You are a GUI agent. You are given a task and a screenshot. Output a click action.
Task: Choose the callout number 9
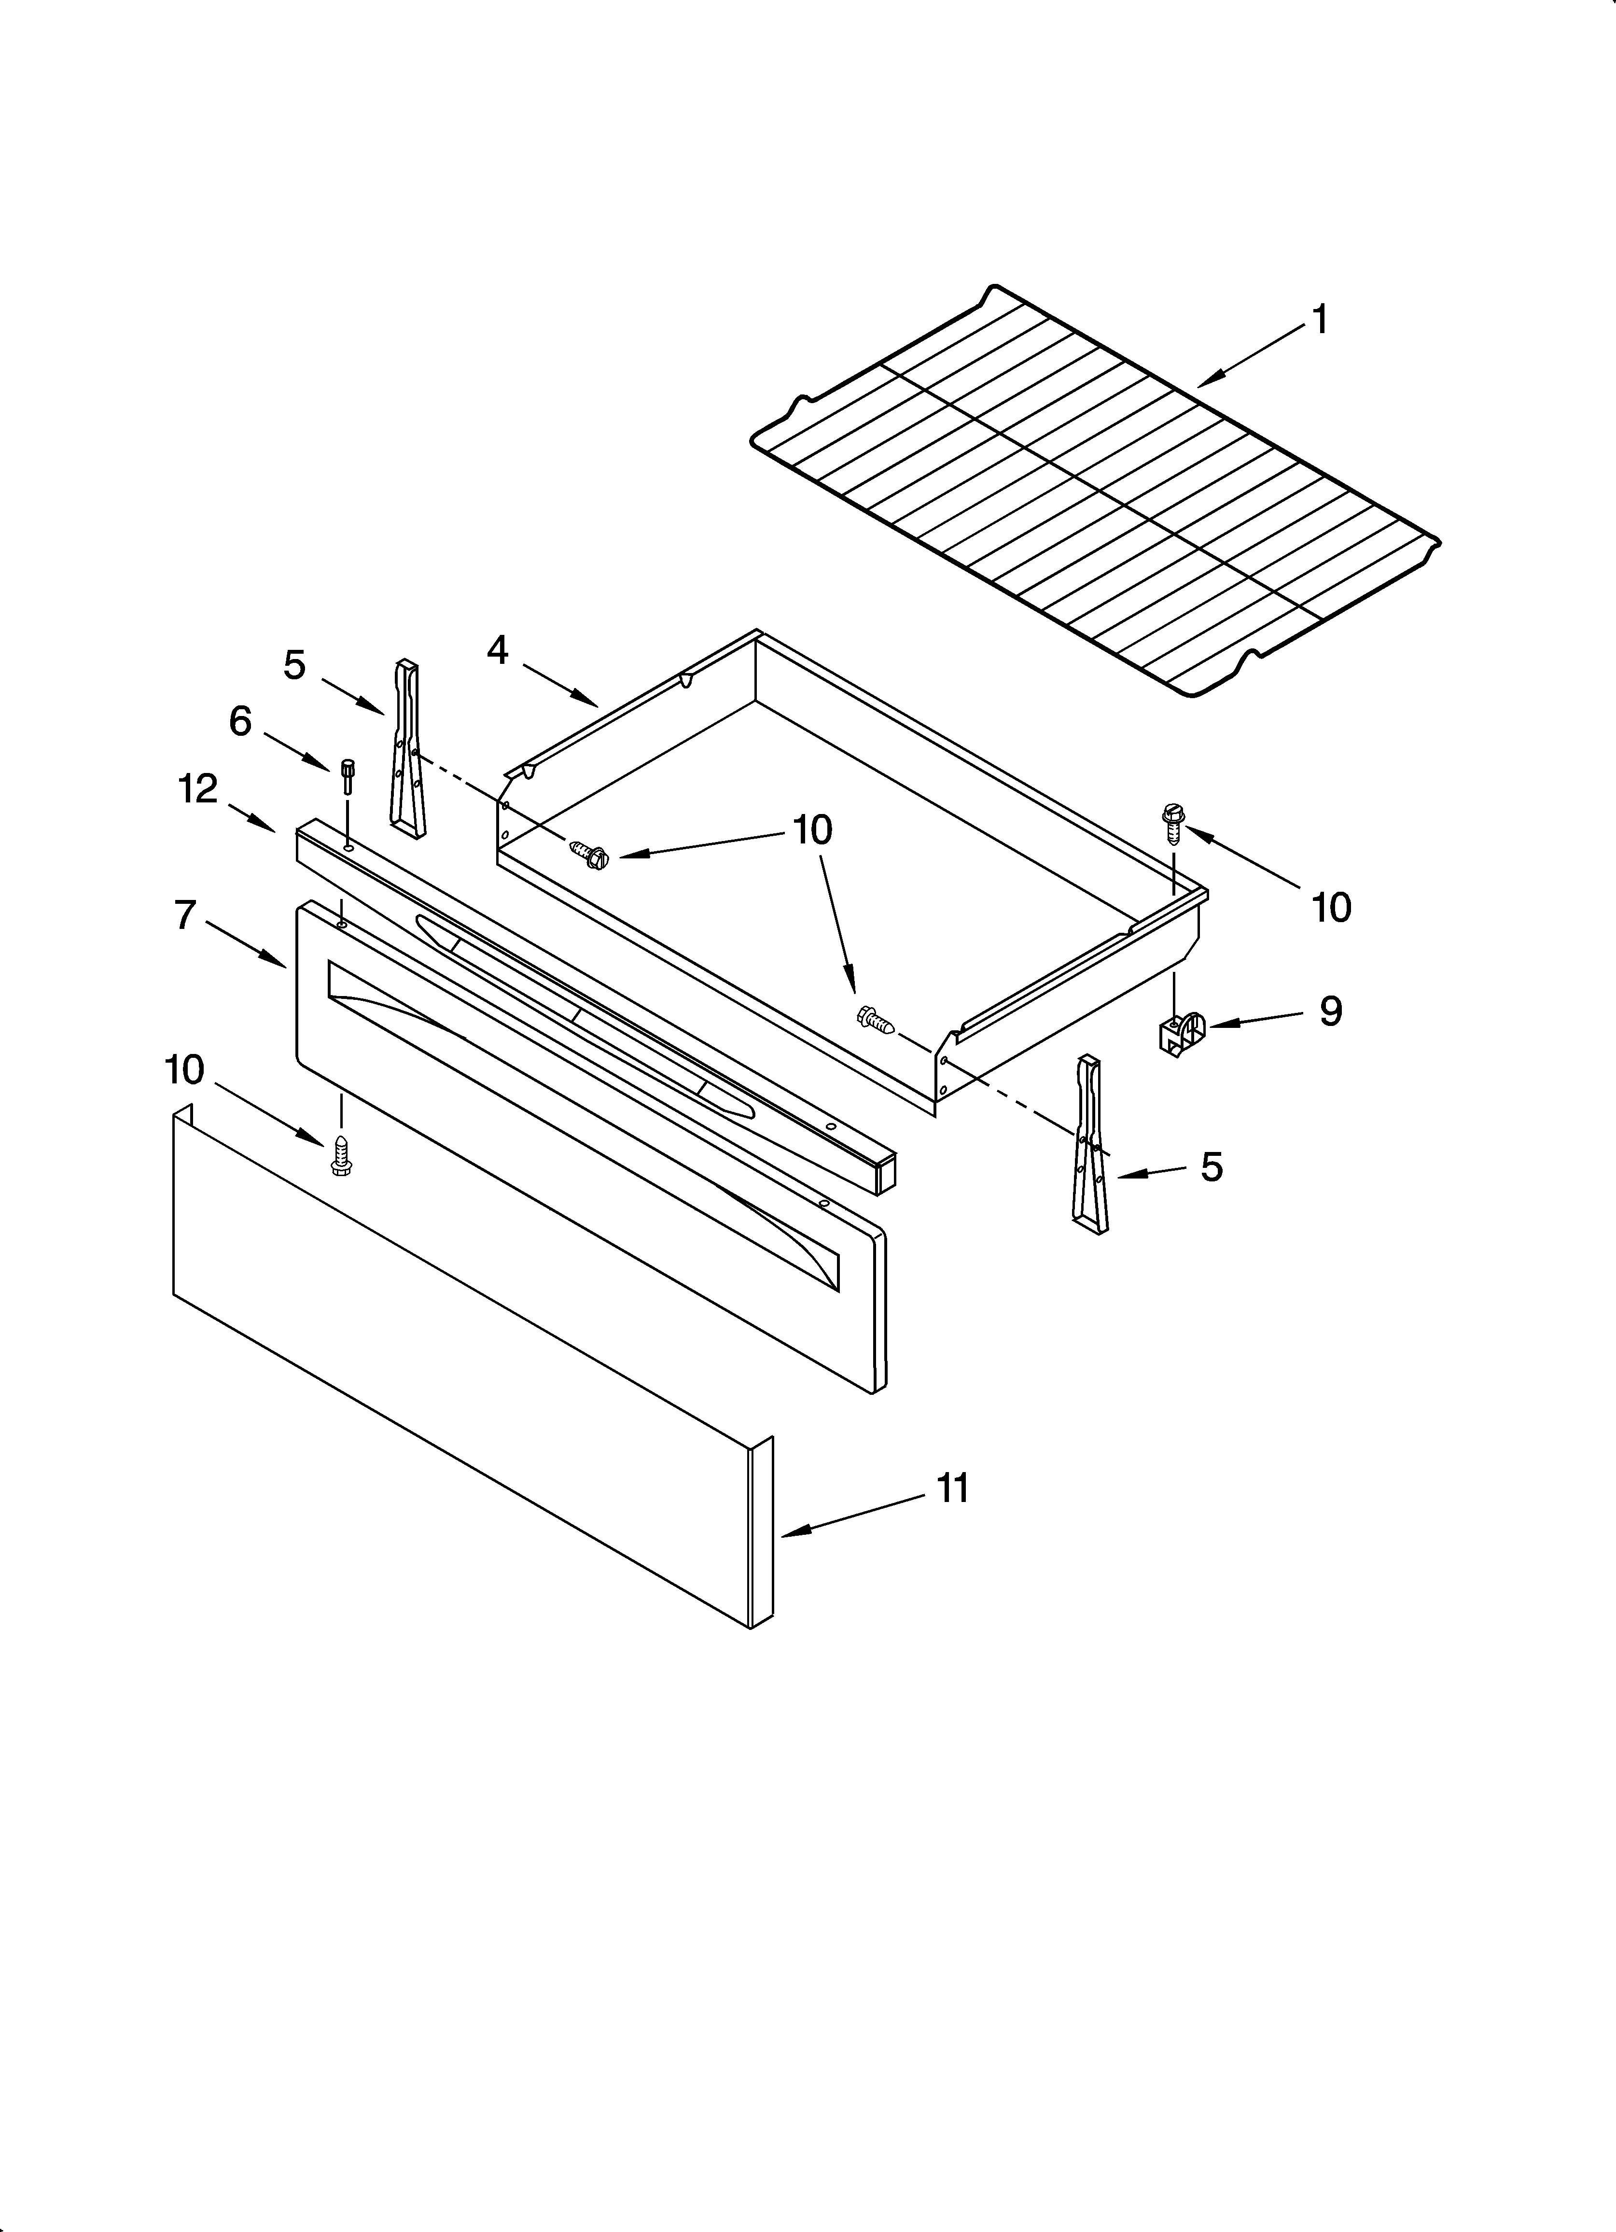pyautogui.click(x=1331, y=1011)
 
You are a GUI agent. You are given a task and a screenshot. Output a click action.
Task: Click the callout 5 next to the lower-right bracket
pyautogui.click(x=1212, y=1167)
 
